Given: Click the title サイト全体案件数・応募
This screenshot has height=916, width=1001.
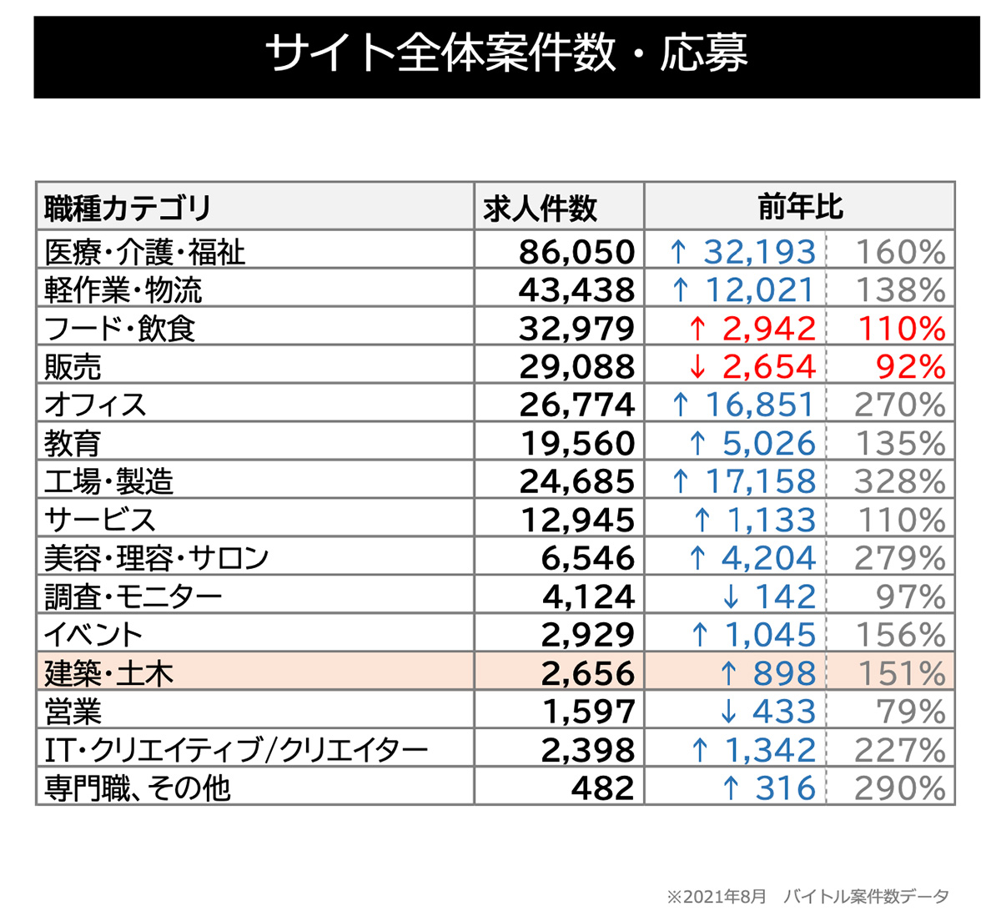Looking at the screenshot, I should pyautogui.click(x=506, y=54).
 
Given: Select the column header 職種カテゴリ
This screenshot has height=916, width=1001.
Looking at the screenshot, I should pyautogui.click(x=127, y=208).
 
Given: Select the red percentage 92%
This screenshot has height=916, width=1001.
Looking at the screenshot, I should pyautogui.click(x=911, y=367).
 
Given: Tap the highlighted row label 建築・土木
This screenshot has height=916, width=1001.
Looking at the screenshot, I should pyautogui.click(x=108, y=673).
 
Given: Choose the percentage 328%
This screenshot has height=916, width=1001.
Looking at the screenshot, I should pyautogui.click(x=899, y=482).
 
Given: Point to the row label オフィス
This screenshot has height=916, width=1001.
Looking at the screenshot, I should pyautogui.click(x=95, y=405).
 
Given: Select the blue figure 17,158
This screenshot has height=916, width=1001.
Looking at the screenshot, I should pyautogui.click(x=760, y=482).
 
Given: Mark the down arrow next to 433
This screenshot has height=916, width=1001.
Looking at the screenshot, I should pyautogui.click(x=729, y=712).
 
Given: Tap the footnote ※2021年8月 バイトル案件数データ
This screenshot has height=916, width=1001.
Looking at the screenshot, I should pyautogui.click(x=807, y=897).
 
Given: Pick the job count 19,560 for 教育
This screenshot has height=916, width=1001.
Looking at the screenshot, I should pyautogui.click(x=578, y=444).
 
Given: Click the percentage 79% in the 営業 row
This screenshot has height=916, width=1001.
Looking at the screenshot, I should pyautogui.click(x=911, y=712).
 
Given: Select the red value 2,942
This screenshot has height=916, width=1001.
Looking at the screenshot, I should pyautogui.click(x=768, y=329).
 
